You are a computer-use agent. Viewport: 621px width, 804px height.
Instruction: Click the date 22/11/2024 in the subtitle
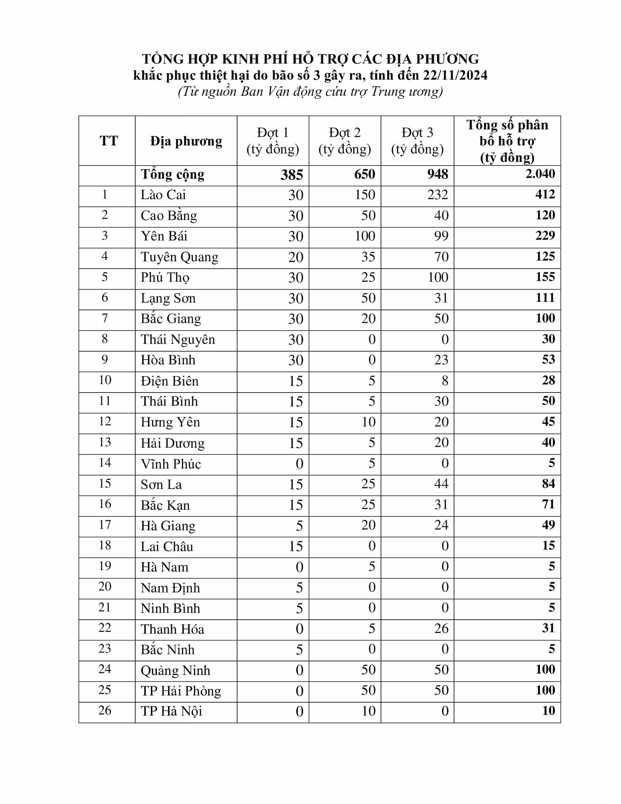coord(455,76)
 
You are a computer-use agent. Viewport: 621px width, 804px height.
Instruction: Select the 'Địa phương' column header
coord(186,141)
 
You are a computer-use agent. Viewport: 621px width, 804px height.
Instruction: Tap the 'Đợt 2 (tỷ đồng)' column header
coord(345,141)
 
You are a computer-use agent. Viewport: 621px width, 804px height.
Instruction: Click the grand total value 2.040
coord(540,174)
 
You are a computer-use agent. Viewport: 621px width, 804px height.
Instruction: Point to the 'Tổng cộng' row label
coord(172,174)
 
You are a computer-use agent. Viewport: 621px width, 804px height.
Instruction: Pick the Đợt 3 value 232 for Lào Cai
coord(437,195)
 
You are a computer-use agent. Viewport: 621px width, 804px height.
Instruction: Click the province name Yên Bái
coord(164,236)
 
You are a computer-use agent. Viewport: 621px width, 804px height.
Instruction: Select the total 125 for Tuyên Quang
coord(545,256)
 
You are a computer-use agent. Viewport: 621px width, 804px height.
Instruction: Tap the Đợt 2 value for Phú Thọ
coord(368,277)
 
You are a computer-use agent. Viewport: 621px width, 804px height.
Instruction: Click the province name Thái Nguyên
coord(178,340)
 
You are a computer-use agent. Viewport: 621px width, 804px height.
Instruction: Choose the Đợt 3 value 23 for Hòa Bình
coord(441,360)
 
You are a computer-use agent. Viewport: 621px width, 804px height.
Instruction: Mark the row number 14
coord(105,463)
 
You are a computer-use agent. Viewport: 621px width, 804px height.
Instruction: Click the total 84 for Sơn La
coord(548,484)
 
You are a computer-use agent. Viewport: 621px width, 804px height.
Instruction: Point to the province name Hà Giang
coord(168,526)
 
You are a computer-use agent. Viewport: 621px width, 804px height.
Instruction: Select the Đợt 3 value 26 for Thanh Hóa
coord(441,629)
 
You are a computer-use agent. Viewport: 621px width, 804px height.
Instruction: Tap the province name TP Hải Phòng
coord(181,691)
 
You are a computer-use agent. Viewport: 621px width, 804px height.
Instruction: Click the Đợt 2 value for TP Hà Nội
coord(368,711)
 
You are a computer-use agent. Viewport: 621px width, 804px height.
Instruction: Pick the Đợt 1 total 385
coord(292,175)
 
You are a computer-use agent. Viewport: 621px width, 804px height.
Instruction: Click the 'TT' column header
coord(108,141)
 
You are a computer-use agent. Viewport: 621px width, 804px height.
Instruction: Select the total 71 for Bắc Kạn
coord(548,504)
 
